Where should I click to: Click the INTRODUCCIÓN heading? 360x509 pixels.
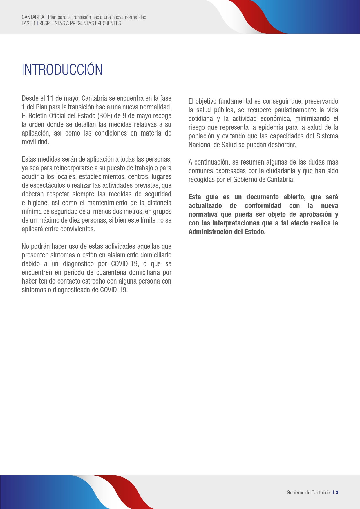62,70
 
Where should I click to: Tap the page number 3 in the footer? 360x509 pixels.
337,492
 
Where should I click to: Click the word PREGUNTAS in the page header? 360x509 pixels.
82,24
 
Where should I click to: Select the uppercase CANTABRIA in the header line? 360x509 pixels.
33,17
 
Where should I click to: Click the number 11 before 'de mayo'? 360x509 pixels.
50,98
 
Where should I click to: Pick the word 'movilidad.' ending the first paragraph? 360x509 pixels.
35,142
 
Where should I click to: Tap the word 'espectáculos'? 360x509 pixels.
47,185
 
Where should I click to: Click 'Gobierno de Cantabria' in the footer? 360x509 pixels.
308,492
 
